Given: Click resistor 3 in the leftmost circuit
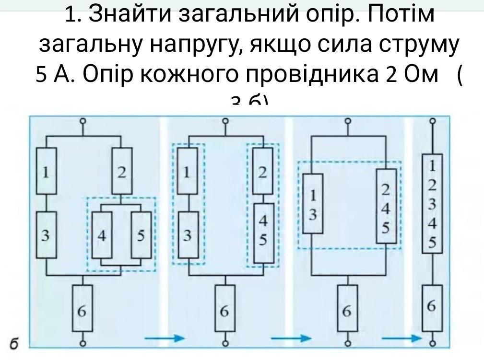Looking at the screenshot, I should click(47, 235).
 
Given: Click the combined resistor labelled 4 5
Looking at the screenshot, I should click(263, 232).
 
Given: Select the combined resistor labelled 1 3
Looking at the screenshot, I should click(313, 204).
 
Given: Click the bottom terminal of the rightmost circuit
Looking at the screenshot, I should click(433, 343).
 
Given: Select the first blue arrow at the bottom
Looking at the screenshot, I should click(165, 338).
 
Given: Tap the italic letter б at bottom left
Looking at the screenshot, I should click(14, 343).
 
